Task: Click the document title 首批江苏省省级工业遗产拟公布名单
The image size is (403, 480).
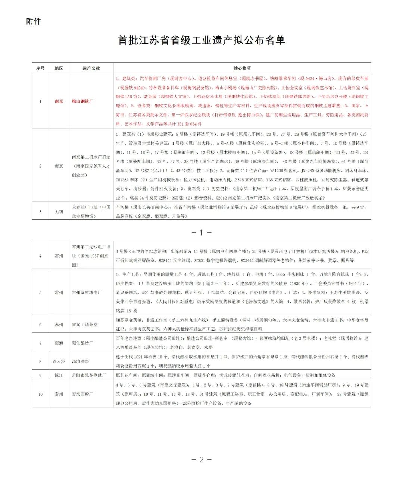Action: tap(201, 40)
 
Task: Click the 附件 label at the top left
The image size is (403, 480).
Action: tap(34, 22)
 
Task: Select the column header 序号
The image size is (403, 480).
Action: tap(40, 68)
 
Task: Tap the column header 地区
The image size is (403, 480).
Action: tap(59, 68)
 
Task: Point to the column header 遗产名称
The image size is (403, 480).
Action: tap(91, 68)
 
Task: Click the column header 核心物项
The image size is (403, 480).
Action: tap(242, 68)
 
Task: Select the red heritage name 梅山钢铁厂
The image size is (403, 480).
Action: tap(82, 101)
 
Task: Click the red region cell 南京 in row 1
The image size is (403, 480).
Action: tap(59, 101)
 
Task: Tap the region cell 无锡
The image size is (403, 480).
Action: tap(59, 212)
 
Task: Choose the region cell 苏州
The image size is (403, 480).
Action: tap(59, 324)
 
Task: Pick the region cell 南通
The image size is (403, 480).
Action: tap(59, 343)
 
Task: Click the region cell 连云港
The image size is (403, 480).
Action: tap(59, 361)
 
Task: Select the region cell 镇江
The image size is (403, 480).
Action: tap(59, 375)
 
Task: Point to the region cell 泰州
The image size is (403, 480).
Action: tap(59, 394)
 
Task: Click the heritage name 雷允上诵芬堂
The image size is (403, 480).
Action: tap(85, 324)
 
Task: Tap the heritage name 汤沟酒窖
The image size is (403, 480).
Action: tap(80, 361)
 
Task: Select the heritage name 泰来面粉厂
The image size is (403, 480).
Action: tap(82, 394)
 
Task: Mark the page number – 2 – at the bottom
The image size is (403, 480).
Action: tap(201, 459)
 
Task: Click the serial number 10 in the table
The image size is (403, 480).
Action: tap(40, 394)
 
